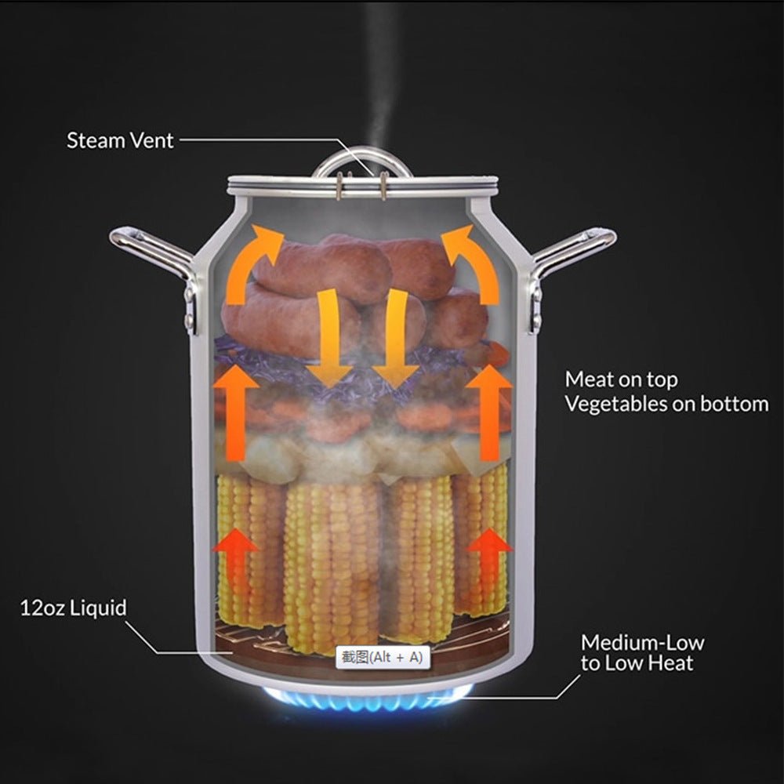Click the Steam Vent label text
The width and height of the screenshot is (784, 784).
119,141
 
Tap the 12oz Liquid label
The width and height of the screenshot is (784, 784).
73,608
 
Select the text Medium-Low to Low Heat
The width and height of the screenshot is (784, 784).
642,653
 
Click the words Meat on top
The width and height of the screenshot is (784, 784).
622,380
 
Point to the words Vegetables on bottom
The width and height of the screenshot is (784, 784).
666,405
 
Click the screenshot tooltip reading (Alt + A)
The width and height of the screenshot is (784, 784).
383,658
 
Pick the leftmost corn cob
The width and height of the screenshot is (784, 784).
249,549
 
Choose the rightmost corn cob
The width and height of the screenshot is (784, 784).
480,541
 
